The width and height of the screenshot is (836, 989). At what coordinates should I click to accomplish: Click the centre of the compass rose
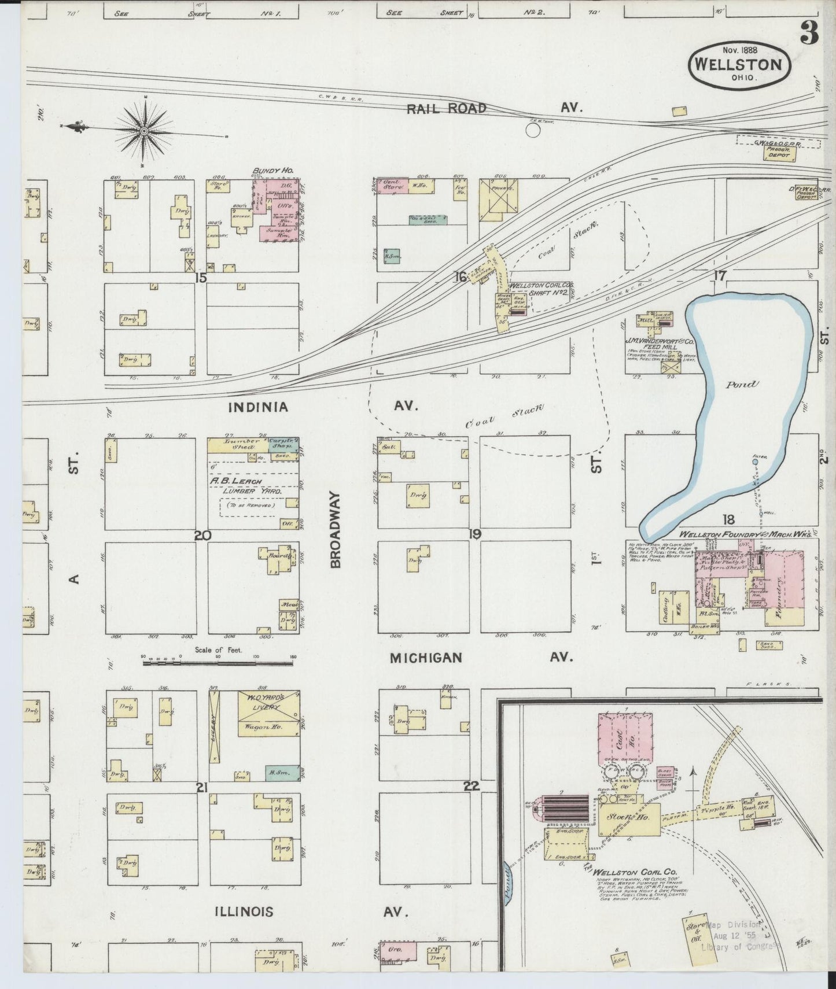click(x=143, y=132)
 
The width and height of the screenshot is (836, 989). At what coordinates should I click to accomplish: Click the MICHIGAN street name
click(x=426, y=658)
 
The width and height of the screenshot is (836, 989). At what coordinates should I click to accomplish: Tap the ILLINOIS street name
click(x=244, y=912)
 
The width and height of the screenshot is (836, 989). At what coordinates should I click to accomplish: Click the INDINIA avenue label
click(x=258, y=407)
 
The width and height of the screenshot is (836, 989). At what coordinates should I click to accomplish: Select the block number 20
click(x=202, y=536)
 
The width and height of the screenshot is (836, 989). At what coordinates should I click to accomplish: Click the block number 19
click(x=474, y=534)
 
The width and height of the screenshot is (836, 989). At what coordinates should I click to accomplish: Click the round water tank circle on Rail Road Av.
click(x=532, y=131)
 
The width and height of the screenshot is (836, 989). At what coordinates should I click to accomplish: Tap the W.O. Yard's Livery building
click(x=268, y=714)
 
